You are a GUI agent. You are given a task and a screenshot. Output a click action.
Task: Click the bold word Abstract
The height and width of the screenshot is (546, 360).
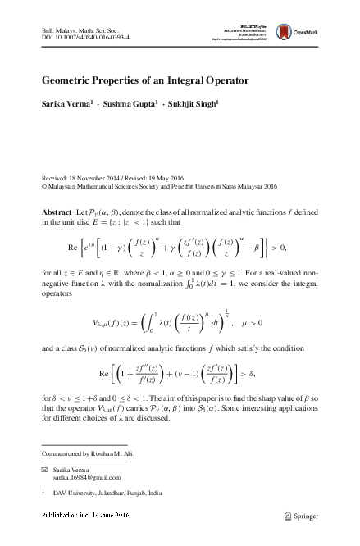[x=57, y=212]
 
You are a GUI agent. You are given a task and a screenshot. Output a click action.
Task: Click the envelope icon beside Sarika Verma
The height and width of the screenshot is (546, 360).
[x=46, y=466]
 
